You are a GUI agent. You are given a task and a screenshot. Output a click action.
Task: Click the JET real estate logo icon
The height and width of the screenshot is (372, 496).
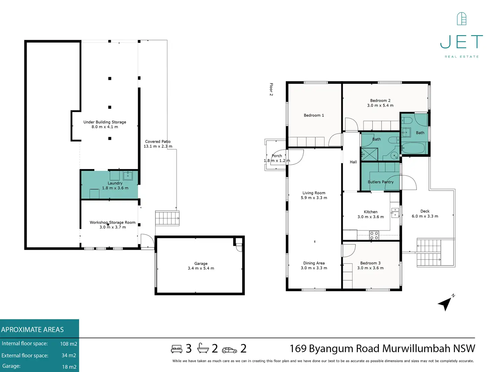pyautogui.click(x=461, y=19)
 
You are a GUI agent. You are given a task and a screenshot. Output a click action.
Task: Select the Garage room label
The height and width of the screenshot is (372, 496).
pyautogui.click(x=201, y=263)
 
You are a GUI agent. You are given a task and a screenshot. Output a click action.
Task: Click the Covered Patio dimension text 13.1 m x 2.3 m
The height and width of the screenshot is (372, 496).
pyautogui.click(x=158, y=146)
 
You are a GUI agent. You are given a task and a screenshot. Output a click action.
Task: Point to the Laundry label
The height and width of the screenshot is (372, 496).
pyautogui.click(x=115, y=183)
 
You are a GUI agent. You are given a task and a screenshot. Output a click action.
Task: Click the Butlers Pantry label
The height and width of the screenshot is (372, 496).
pyautogui.click(x=380, y=182)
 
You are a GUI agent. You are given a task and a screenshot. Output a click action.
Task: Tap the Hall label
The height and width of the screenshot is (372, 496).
pyautogui.click(x=353, y=162)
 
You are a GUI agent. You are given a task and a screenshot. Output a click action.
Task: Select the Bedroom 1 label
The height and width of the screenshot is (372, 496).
pyautogui.click(x=314, y=115)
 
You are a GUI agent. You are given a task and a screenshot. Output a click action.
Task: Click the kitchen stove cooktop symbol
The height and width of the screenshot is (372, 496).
pyautogui.click(x=374, y=235)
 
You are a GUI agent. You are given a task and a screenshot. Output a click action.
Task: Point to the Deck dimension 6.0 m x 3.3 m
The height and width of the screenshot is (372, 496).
pyautogui.click(x=425, y=216)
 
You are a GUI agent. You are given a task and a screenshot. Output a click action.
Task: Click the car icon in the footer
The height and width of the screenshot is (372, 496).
pyautogui.click(x=229, y=350)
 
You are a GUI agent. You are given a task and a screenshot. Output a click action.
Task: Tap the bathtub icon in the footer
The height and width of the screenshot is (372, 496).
pyautogui.click(x=203, y=348)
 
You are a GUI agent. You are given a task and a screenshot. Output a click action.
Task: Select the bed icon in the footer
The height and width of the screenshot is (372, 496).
pyautogui.click(x=177, y=349)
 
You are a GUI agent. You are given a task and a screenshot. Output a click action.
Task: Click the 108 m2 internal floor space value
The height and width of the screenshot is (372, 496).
pyautogui.click(x=68, y=344)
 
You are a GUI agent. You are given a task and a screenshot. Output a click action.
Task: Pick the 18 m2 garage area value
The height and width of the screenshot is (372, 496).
pyautogui.click(x=69, y=367)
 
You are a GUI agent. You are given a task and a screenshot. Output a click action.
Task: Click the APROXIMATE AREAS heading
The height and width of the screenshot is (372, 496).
pyautogui.click(x=32, y=330)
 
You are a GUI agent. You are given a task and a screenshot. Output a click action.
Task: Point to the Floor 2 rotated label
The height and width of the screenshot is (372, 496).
pyautogui.click(x=271, y=89)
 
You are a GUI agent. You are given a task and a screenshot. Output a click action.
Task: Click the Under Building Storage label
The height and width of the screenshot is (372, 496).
pyautogui.click(x=104, y=122)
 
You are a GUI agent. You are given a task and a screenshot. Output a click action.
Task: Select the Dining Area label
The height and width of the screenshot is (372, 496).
pyautogui.click(x=314, y=263)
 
